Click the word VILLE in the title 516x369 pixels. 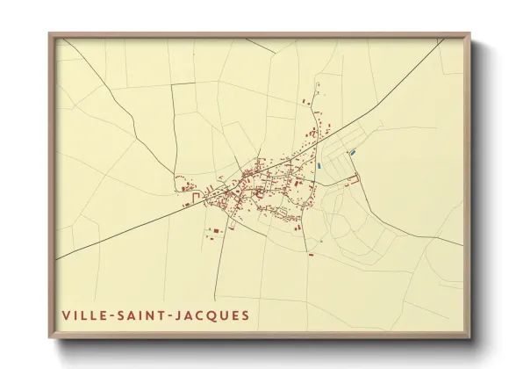pos(84,315)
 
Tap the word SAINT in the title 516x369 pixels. pos(143,315)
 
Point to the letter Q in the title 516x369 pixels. pos(213,315)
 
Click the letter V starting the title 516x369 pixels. pos(65,315)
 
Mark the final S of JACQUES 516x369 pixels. pos(245,315)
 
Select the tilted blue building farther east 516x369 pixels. pos(352,153)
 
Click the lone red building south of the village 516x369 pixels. pos(311,254)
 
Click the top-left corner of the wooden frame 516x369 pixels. pos(49,33)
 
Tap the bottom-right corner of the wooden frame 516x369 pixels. pos(469,338)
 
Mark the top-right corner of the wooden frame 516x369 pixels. pos(469,33)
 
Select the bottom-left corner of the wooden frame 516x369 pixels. pos(49,338)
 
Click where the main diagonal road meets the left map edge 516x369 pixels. pos(58,258)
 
